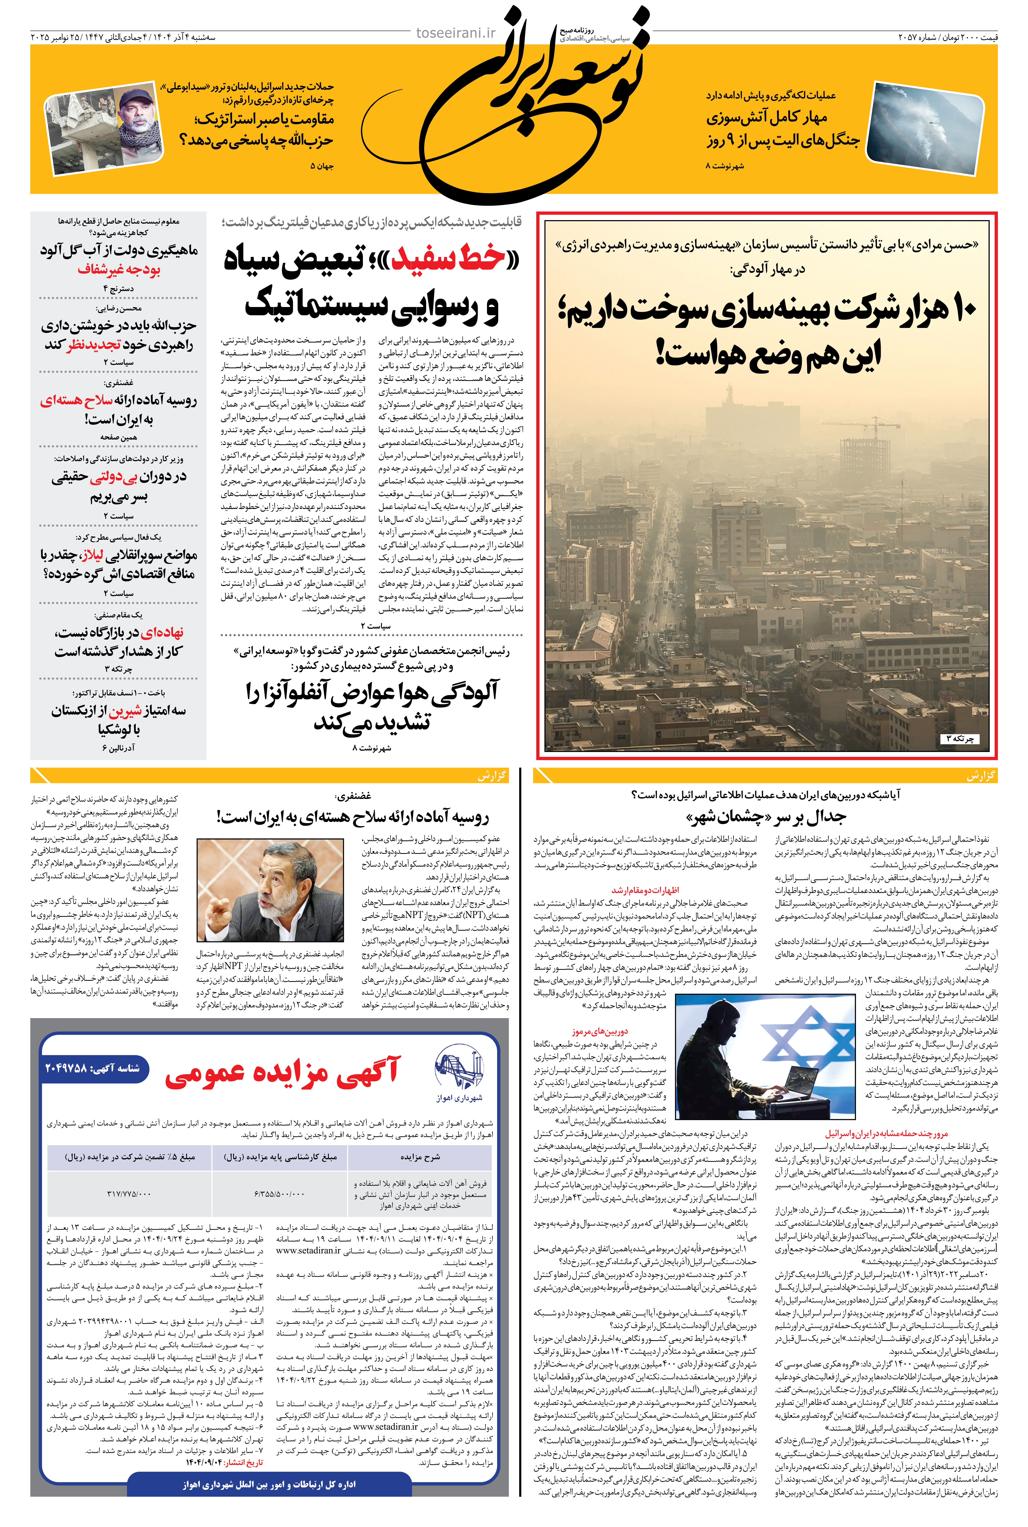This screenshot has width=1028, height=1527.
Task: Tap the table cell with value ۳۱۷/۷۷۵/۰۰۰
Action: [x=129, y=1193]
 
